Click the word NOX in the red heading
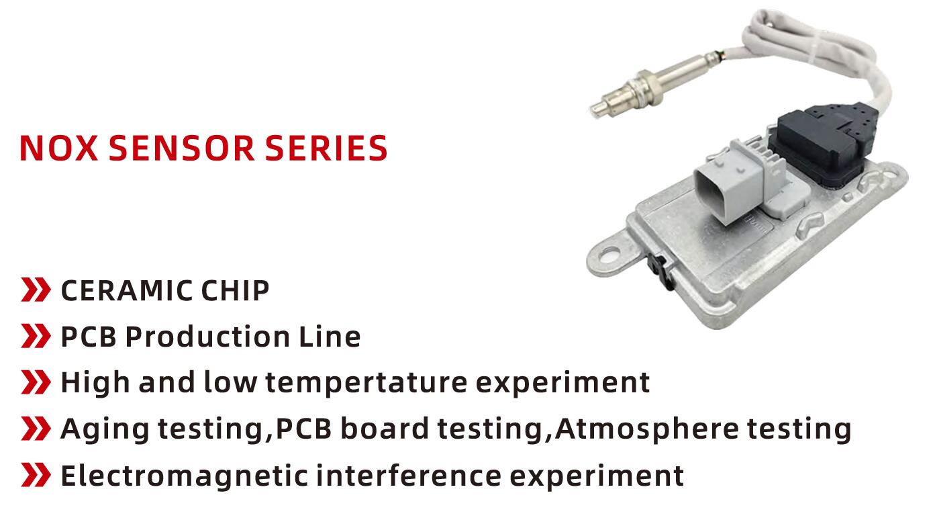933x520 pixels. click(x=58, y=148)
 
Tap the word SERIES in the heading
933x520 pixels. click(x=326, y=148)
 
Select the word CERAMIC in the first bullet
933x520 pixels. click(x=127, y=290)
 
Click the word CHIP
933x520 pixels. click(x=236, y=290)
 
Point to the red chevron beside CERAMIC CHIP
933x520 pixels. click(x=36, y=290)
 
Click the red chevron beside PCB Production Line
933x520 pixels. click(x=36, y=336)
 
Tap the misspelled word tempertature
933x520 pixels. click(x=366, y=383)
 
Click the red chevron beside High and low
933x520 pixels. click(x=36, y=382)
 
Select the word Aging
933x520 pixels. click(x=105, y=430)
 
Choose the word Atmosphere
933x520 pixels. click(x=646, y=429)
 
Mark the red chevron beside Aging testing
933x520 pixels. click(x=36, y=428)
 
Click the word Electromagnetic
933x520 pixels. click(x=184, y=476)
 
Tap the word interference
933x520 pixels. click(x=409, y=476)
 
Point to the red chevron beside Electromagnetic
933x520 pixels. click(x=36, y=474)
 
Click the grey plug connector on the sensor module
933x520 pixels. click(x=733, y=183)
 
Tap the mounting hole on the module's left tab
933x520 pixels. click(x=609, y=253)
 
